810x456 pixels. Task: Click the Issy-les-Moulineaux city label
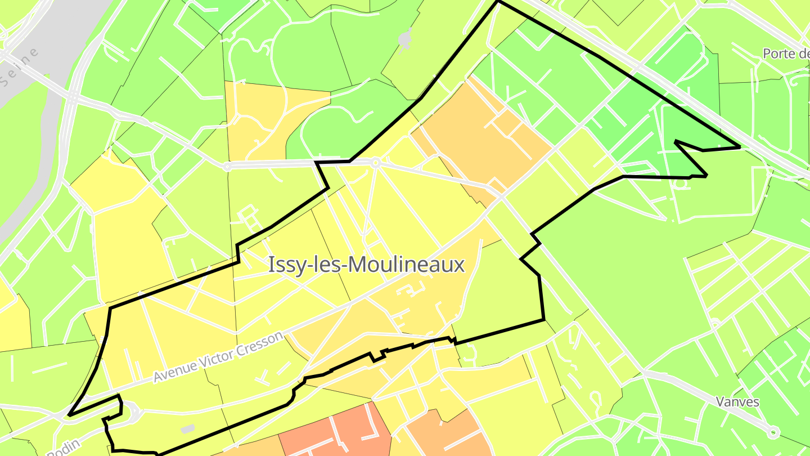[x=366, y=264]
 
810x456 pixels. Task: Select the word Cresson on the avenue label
[x=259, y=342]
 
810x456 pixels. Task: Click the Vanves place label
[x=737, y=402]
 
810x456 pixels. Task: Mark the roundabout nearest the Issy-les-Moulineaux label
[x=375, y=163]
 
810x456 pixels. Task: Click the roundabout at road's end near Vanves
[x=773, y=432]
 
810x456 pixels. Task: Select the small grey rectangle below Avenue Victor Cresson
[x=188, y=429]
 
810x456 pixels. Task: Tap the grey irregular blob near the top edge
[x=404, y=38]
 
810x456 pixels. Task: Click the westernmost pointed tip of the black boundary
[x=69, y=415]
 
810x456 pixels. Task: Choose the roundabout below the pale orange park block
[x=227, y=167]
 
